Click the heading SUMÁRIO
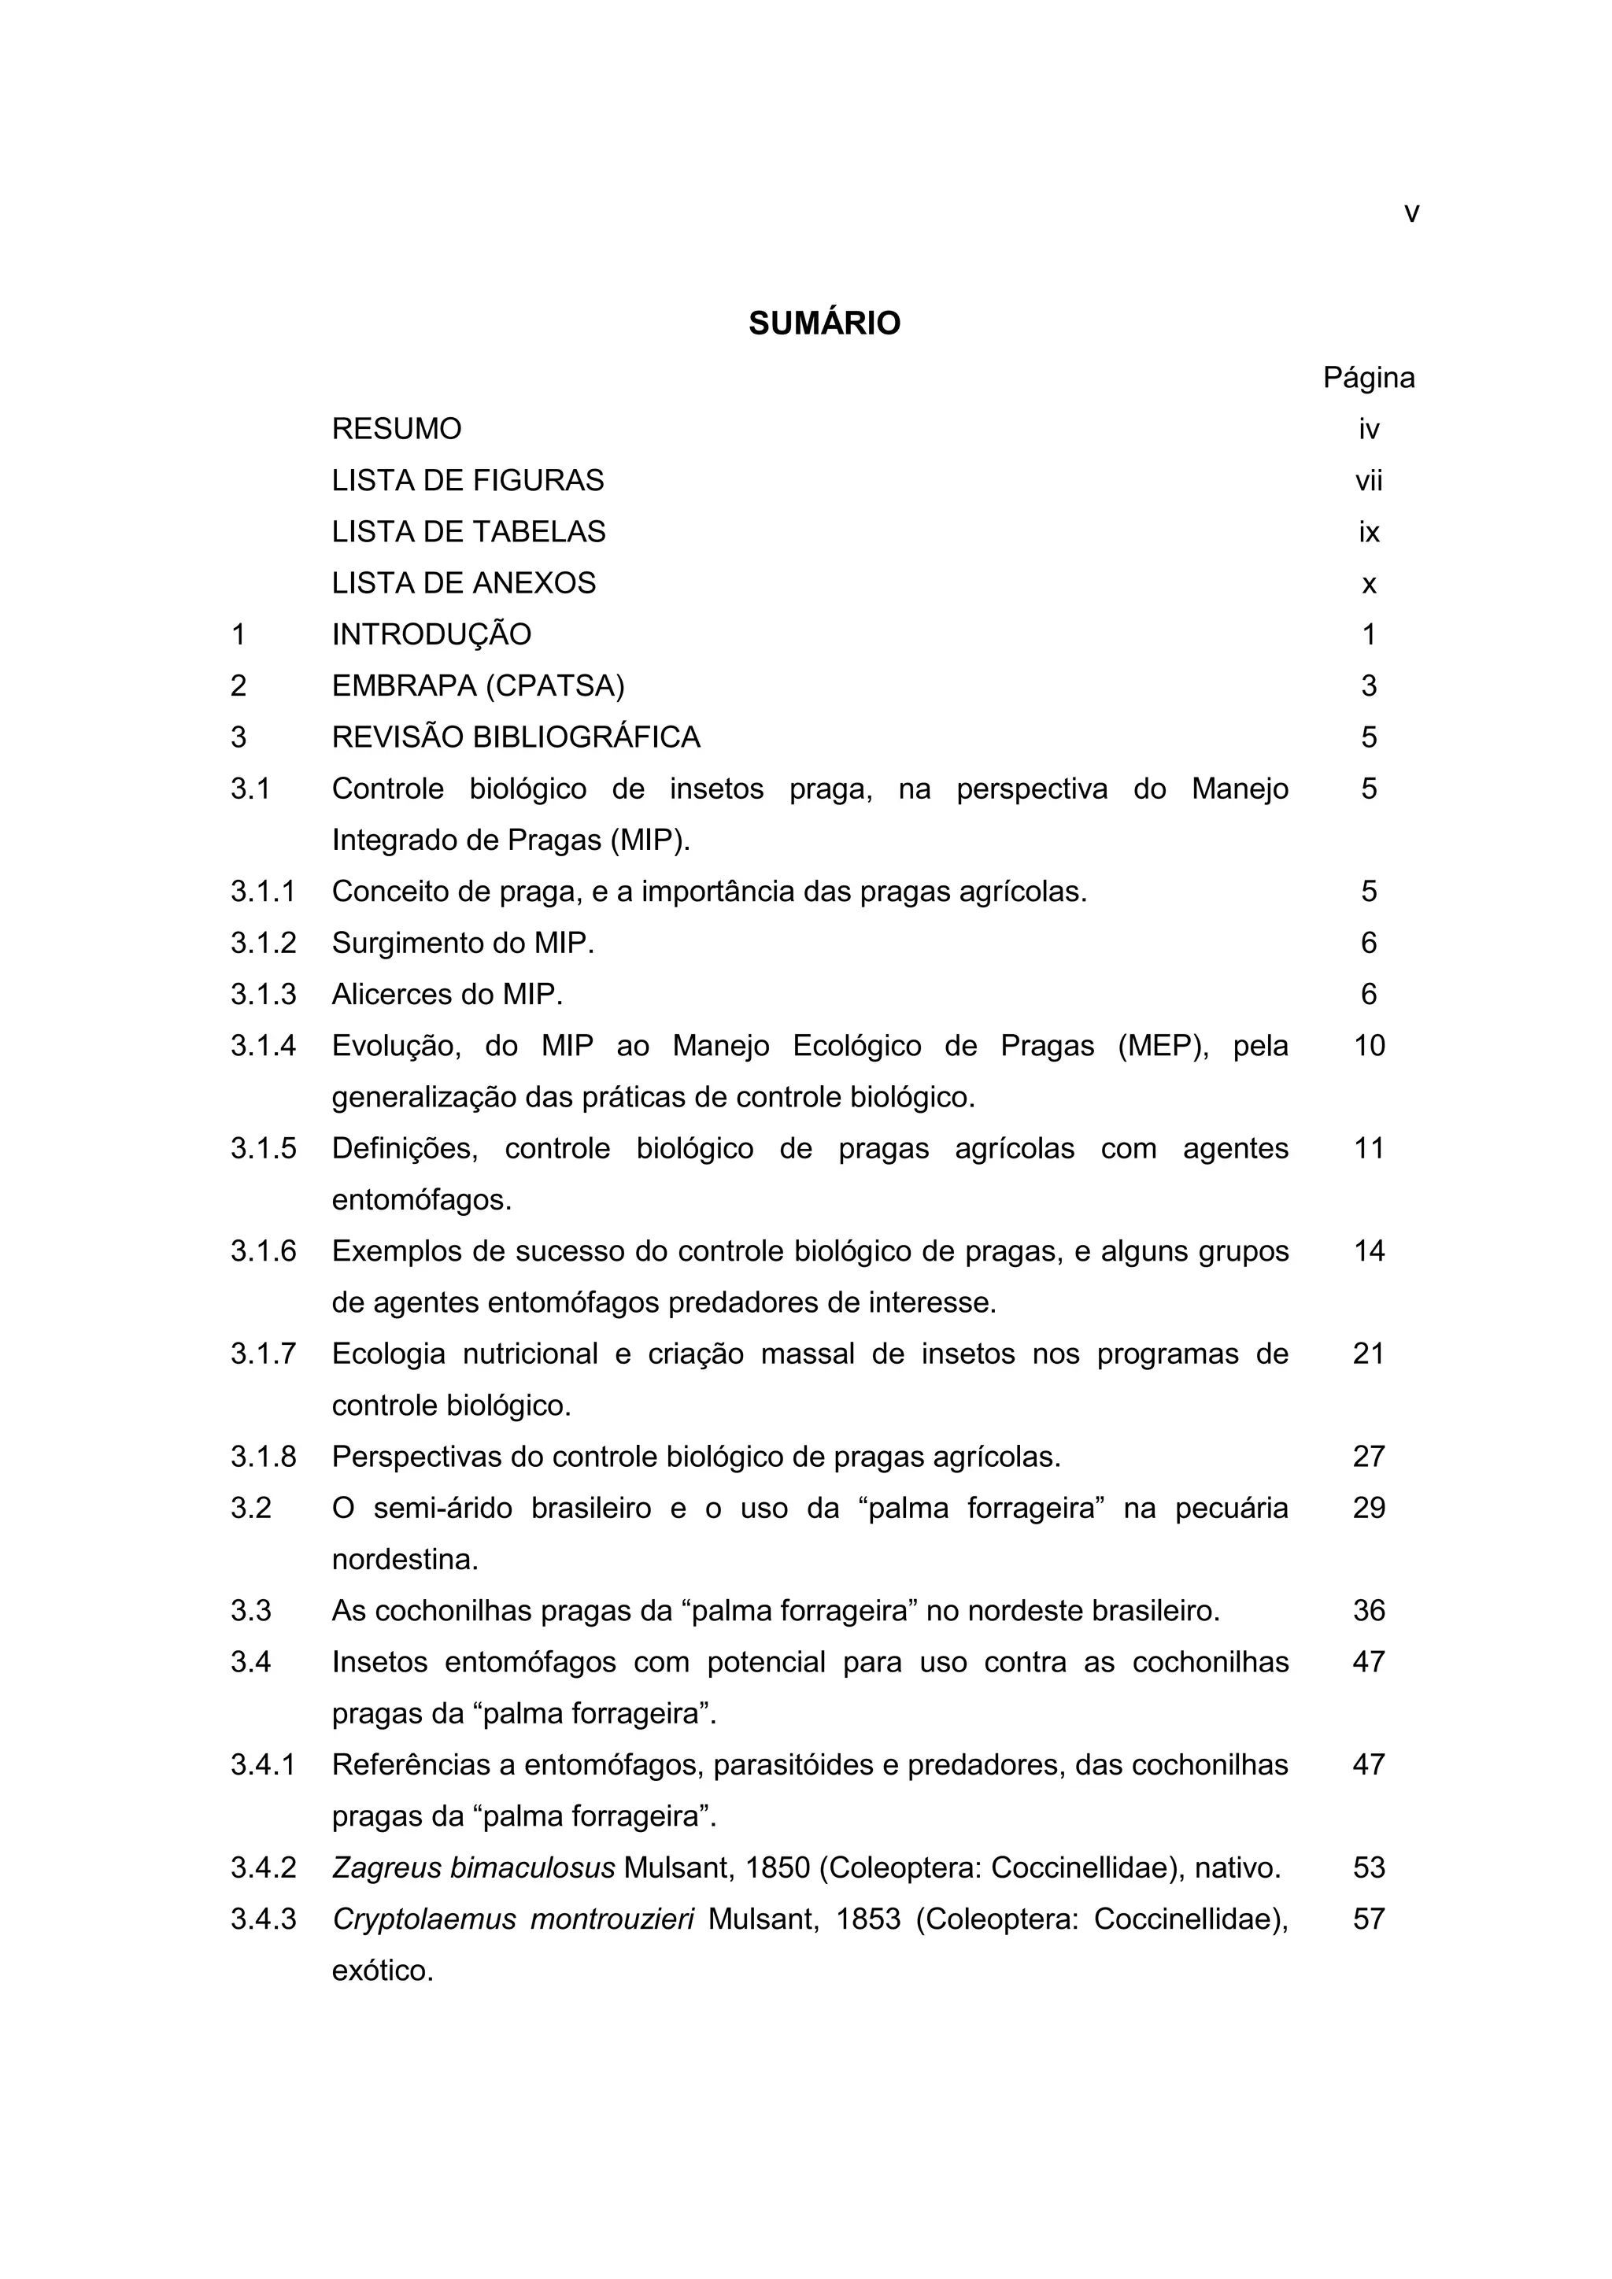(x=824, y=323)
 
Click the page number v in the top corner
(x=1411, y=213)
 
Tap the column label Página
(x=1369, y=379)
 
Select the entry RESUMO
(x=396, y=429)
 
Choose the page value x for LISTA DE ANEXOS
(x=1369, y=585)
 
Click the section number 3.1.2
(x=263, y=943)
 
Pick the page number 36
(x=1369, y=1610)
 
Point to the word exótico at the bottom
(x=383, y=1971)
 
